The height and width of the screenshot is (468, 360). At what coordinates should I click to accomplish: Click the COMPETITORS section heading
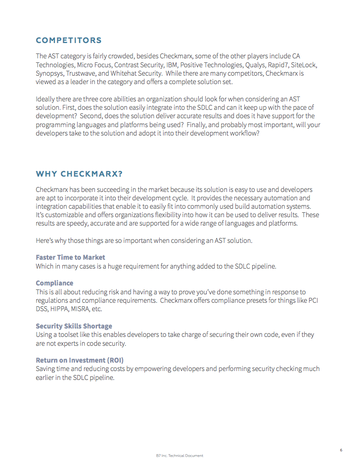(69, 41)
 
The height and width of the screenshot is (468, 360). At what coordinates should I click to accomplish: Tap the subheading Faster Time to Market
(70, 257)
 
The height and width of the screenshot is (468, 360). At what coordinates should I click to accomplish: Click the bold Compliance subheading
(54, 283)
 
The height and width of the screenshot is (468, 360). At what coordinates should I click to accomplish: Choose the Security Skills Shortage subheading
(74, 326)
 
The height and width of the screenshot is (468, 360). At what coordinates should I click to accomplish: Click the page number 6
(341, 450)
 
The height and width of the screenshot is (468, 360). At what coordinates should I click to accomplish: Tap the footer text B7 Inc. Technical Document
(180, 456)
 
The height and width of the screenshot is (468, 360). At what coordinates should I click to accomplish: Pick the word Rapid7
(279, 65)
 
